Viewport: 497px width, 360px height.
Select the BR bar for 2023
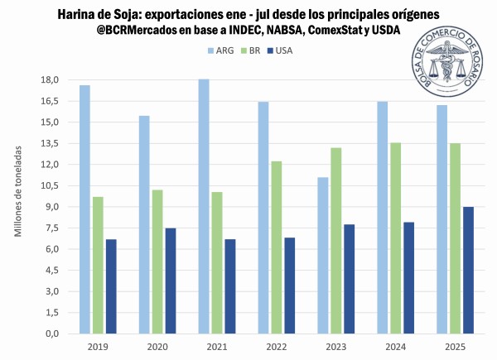(335, 241)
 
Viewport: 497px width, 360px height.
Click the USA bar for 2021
(229, 286)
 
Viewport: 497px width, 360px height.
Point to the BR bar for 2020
(157, 262)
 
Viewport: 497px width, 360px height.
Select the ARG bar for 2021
(204, 206)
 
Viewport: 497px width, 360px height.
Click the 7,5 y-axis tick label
(51, 228)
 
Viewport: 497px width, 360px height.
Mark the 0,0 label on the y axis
(51, 334)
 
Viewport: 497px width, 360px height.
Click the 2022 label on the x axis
(276, 346)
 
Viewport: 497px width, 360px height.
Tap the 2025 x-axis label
(455, 346)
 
